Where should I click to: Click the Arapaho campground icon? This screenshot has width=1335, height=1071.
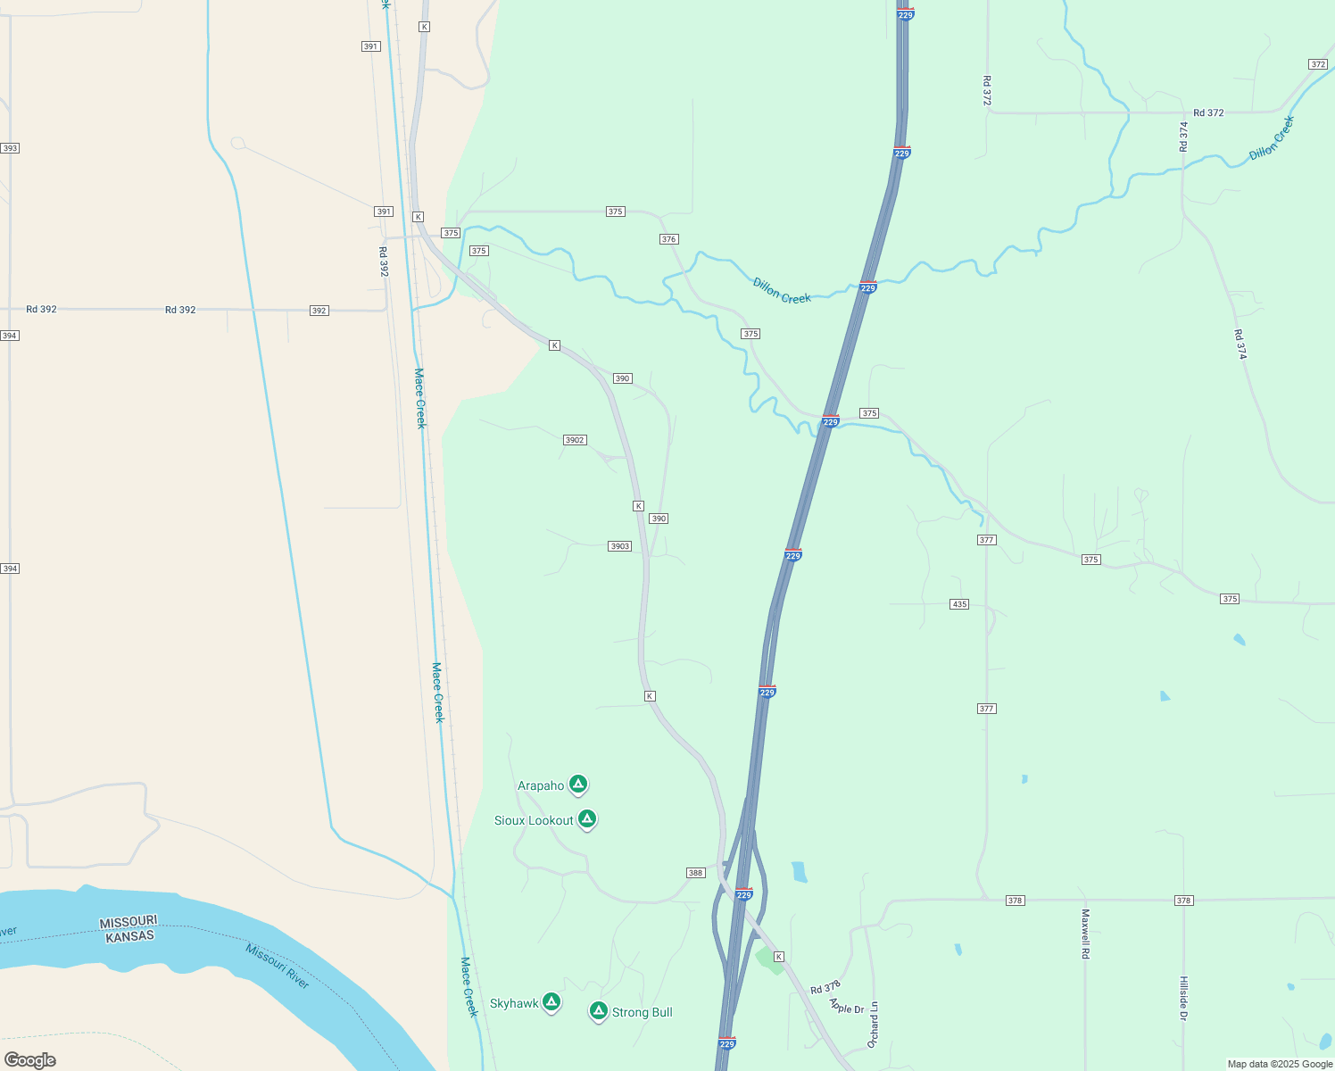tap(578, 785)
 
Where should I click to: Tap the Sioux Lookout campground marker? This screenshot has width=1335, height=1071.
tap(586, 818)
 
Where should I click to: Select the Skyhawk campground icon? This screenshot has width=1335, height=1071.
tap(551, 1002)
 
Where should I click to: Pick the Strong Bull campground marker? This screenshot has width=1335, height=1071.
tap(599, 1011)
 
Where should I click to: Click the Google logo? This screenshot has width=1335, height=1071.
tap(30, 1059)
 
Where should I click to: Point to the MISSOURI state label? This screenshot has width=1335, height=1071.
tap(129, 922)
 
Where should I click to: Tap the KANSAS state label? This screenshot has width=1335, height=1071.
tap(130, 936)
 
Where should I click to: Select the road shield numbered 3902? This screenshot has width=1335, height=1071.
tap(575, 440)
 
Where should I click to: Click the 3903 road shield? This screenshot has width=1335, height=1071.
tap(620, 546)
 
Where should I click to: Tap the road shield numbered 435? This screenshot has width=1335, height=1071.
tap(959, 604)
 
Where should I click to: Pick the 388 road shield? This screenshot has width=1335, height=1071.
tap(696, 873)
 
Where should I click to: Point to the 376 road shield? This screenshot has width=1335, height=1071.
tap(669, 239)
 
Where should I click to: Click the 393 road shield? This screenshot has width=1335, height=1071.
tap(10, 148)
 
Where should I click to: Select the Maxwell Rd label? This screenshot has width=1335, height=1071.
tap(1086, 934)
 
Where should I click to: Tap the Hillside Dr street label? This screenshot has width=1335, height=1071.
tap(1184, 998)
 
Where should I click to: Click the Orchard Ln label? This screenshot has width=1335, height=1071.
tap(874, 1025)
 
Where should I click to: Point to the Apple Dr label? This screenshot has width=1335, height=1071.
tap(847, 1006)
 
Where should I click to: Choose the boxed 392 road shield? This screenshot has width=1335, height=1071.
tap(319, 311)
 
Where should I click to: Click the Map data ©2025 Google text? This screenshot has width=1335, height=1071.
tap(1280, 1064)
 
